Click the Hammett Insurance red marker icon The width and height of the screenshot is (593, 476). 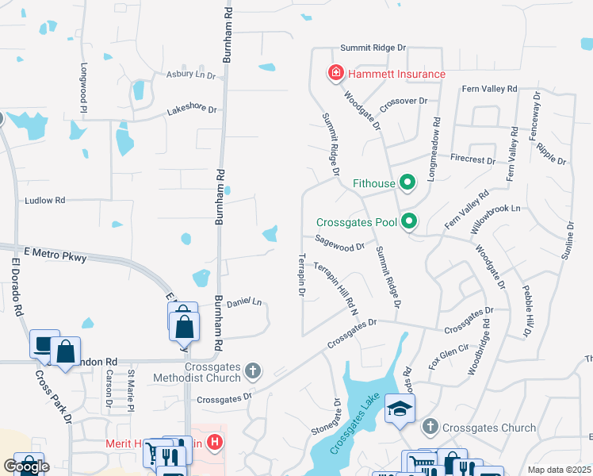(x=335, y=74)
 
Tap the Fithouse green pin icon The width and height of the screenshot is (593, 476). (x=407, y=183)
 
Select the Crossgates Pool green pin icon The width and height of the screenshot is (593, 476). (x=409, y=221)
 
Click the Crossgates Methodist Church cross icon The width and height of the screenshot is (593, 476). (x=253, y=370)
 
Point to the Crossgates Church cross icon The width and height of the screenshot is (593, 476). (x=430, y=428)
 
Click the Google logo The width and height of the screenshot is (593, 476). (x=26, y=466)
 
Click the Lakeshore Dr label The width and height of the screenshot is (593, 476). (x=192, y=109)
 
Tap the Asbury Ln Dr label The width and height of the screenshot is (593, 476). (x=190, y=75)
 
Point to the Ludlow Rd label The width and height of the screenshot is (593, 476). (x=44, y=201)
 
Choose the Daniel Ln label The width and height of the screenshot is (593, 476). (x=244, y=302)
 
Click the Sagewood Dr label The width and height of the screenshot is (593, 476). (x=339, y=246)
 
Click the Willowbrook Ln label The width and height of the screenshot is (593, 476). (x=494, y=214)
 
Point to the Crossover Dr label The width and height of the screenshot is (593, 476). (x=404, y=102)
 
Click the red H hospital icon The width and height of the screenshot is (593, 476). (x=213, y=442)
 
